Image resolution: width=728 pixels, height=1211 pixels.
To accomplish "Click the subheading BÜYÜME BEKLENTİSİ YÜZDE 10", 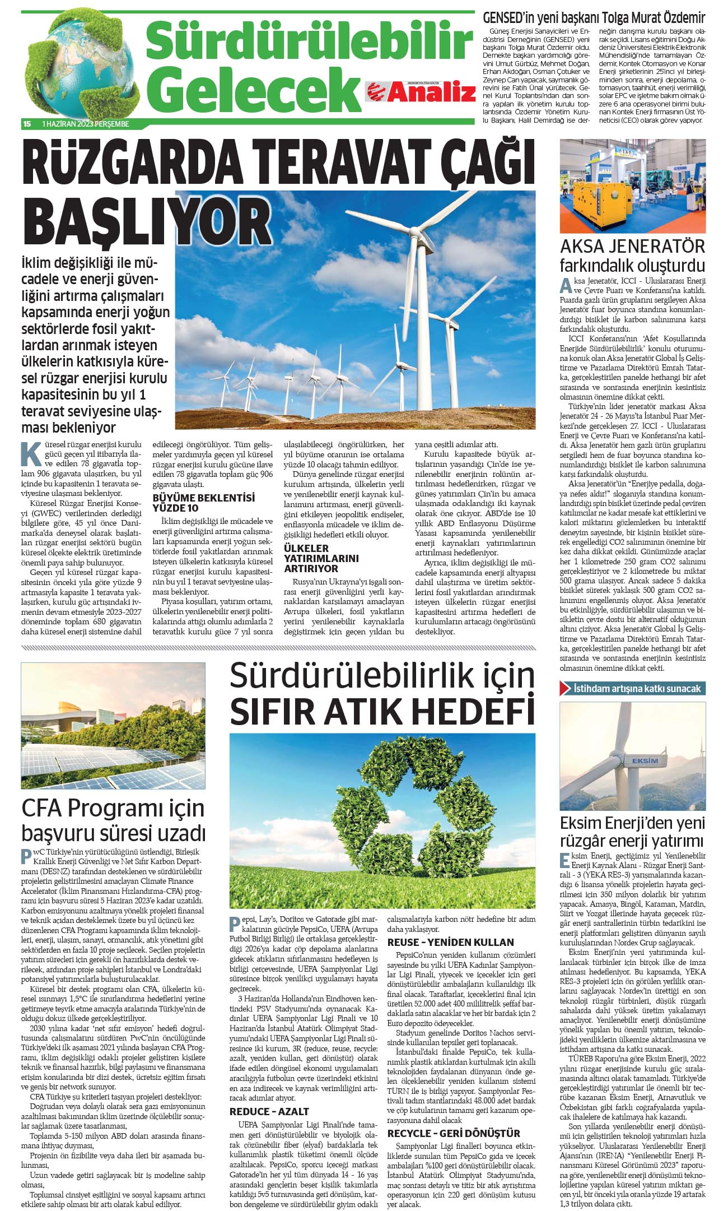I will point(203,503).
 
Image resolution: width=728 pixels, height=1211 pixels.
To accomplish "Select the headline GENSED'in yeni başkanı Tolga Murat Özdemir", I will point(594,17).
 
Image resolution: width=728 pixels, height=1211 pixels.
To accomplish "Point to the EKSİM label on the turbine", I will point(645,760).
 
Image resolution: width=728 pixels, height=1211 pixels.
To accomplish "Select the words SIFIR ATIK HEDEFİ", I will point(382,711).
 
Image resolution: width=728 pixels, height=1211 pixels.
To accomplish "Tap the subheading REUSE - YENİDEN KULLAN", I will point(450,942).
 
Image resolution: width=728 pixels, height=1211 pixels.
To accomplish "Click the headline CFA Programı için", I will point(113,808).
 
